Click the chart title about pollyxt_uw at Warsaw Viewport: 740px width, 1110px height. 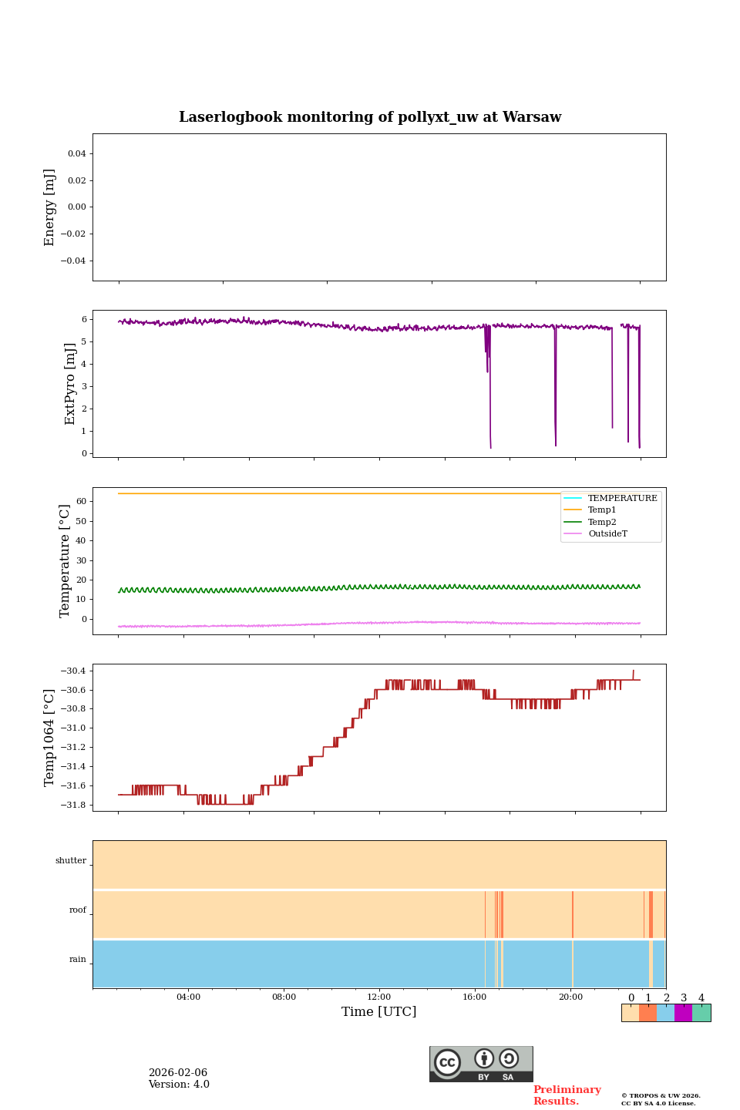coord(370,117)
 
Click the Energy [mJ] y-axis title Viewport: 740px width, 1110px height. coord(50,207)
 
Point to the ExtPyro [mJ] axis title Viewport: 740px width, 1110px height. coord(70,384)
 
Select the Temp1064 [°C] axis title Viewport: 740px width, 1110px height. coord(50,738)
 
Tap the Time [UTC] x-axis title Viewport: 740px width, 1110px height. coord(378,1011)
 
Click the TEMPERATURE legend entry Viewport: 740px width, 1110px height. coord(622,499)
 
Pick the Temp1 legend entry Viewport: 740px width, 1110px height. coord(602,510)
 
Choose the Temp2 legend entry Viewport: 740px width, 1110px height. coord(602,522)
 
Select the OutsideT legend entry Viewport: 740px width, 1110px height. coord(607,534)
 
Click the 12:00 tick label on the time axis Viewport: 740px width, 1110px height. coord(379,997)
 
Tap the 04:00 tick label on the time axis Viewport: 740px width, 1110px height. coord(188,997)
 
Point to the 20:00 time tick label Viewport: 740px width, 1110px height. coord(570,997)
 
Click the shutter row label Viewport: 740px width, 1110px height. coord(71,861)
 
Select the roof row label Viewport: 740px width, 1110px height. coord(78,910)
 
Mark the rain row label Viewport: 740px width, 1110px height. coord(78,960)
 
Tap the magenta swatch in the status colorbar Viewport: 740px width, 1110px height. coord(683,1013)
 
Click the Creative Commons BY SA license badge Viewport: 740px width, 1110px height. coord(481,1064)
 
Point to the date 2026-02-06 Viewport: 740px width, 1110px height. coord(178,1073)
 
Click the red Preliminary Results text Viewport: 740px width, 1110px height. coord(567,1095)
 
